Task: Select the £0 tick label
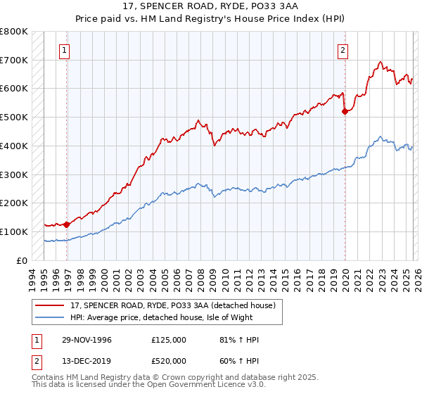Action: pos(22,260)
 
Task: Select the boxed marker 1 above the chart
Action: pos(65,50)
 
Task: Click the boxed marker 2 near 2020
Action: pos(343,50)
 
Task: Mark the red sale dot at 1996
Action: pos(67,224)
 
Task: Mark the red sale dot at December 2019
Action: pos(345,110)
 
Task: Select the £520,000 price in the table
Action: pos(169,362)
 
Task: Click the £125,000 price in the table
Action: pos(169,340)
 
